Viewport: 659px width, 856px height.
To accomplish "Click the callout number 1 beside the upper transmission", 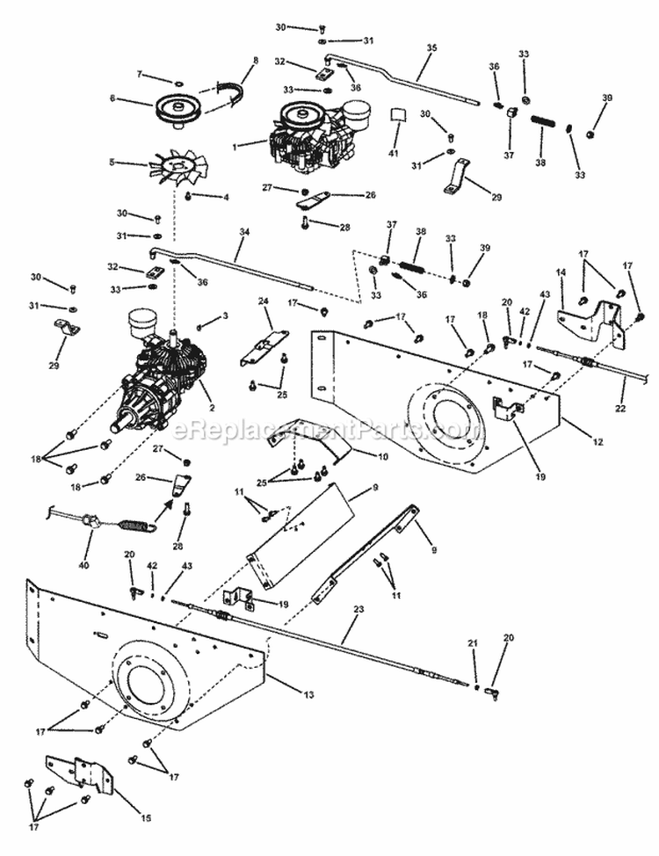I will [234, 148].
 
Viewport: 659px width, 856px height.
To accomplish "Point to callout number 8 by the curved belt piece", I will [256, 61].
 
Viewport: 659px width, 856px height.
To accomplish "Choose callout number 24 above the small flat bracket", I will [262, 301].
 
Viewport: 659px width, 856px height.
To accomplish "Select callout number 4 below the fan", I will [226, 197].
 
